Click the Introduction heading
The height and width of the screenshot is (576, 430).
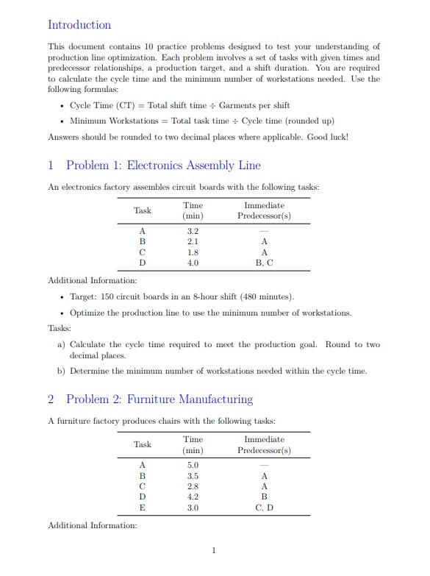(x=79, y=25)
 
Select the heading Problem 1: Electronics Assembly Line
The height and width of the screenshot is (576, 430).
(x=162, y=166)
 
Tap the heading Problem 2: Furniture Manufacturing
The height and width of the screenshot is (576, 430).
(x=159, y=399)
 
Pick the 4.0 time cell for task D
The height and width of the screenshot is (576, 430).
(x=193, y=262)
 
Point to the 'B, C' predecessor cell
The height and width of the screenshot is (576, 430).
(x=264, y=262)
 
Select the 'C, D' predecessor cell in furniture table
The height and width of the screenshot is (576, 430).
(x=264, y=508)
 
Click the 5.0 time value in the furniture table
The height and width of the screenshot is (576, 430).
(x=193, y=465)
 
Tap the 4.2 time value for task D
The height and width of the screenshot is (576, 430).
(x=193, y=497)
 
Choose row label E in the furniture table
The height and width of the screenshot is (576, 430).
(x=143, y=508)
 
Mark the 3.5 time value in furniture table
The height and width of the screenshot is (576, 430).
(x=193, y=476)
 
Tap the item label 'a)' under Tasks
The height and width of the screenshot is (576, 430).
(x=62, y=344)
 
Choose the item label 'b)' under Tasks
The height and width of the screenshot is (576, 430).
(x=62, y=371)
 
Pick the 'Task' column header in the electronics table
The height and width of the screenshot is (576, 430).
(x=143, y=210)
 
